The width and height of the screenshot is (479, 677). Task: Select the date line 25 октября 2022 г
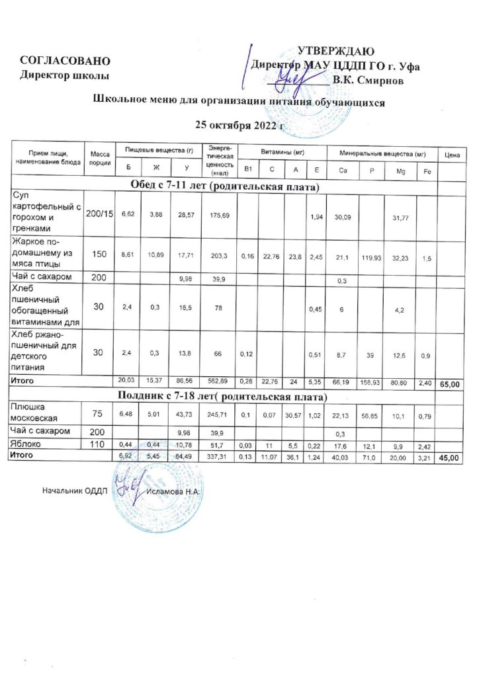pos(241,124)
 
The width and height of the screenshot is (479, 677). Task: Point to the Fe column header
pos(427,171)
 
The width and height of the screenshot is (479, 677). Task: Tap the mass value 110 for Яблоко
pos(98,446)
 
